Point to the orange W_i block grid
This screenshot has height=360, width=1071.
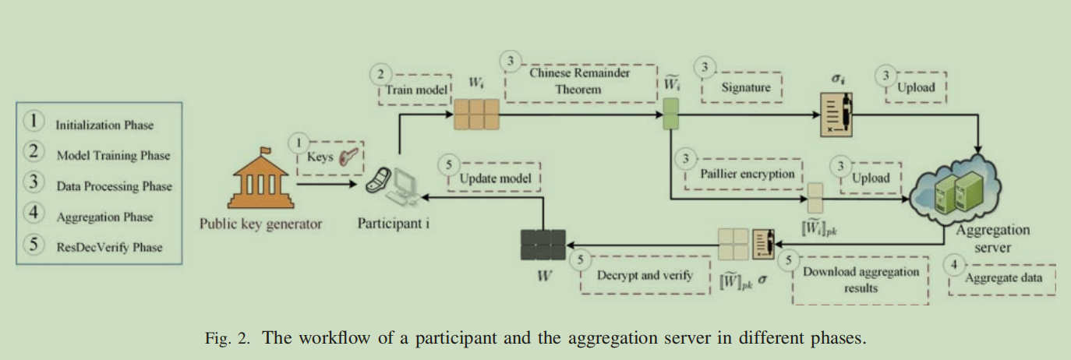point(476,114)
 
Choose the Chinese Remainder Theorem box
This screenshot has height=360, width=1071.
point(580,82)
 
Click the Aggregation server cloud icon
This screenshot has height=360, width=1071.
point(963,191)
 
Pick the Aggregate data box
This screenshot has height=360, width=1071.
point(1004,278)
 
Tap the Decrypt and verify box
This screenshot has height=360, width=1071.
point(644,276)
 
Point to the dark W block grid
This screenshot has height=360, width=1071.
point(543,245)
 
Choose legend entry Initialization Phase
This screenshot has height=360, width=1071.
point(104,125)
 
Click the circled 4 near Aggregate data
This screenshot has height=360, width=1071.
point(954,263)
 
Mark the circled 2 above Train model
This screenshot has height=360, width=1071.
point(380,74)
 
